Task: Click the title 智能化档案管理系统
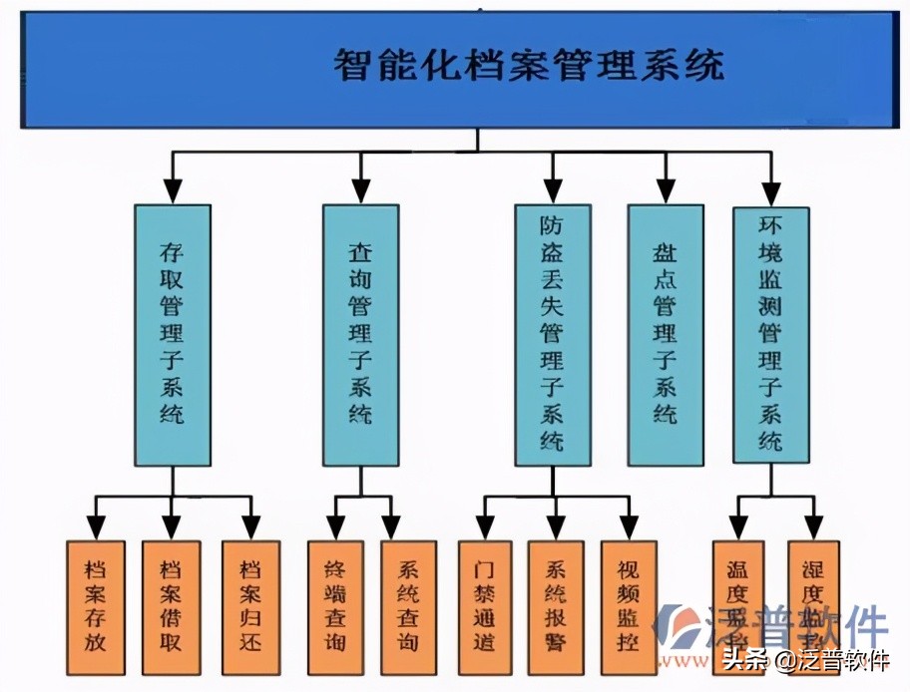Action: pos(529,67)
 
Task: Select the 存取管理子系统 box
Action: pos(172,335)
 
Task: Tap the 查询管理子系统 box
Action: pos(360,335)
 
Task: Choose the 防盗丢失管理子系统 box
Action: pos(552,335)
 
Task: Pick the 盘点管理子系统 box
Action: pos(666,335)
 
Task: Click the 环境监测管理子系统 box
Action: pos(770,335)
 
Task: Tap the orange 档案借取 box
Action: pos(171,607)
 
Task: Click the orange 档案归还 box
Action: pos(249,607)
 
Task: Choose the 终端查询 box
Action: pos(335,607)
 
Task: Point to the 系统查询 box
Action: pos(408,607)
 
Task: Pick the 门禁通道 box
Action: pos(485,607)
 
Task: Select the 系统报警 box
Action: pos(556,607)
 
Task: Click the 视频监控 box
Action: pos(629,607)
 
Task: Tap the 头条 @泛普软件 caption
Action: pos(806,661)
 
